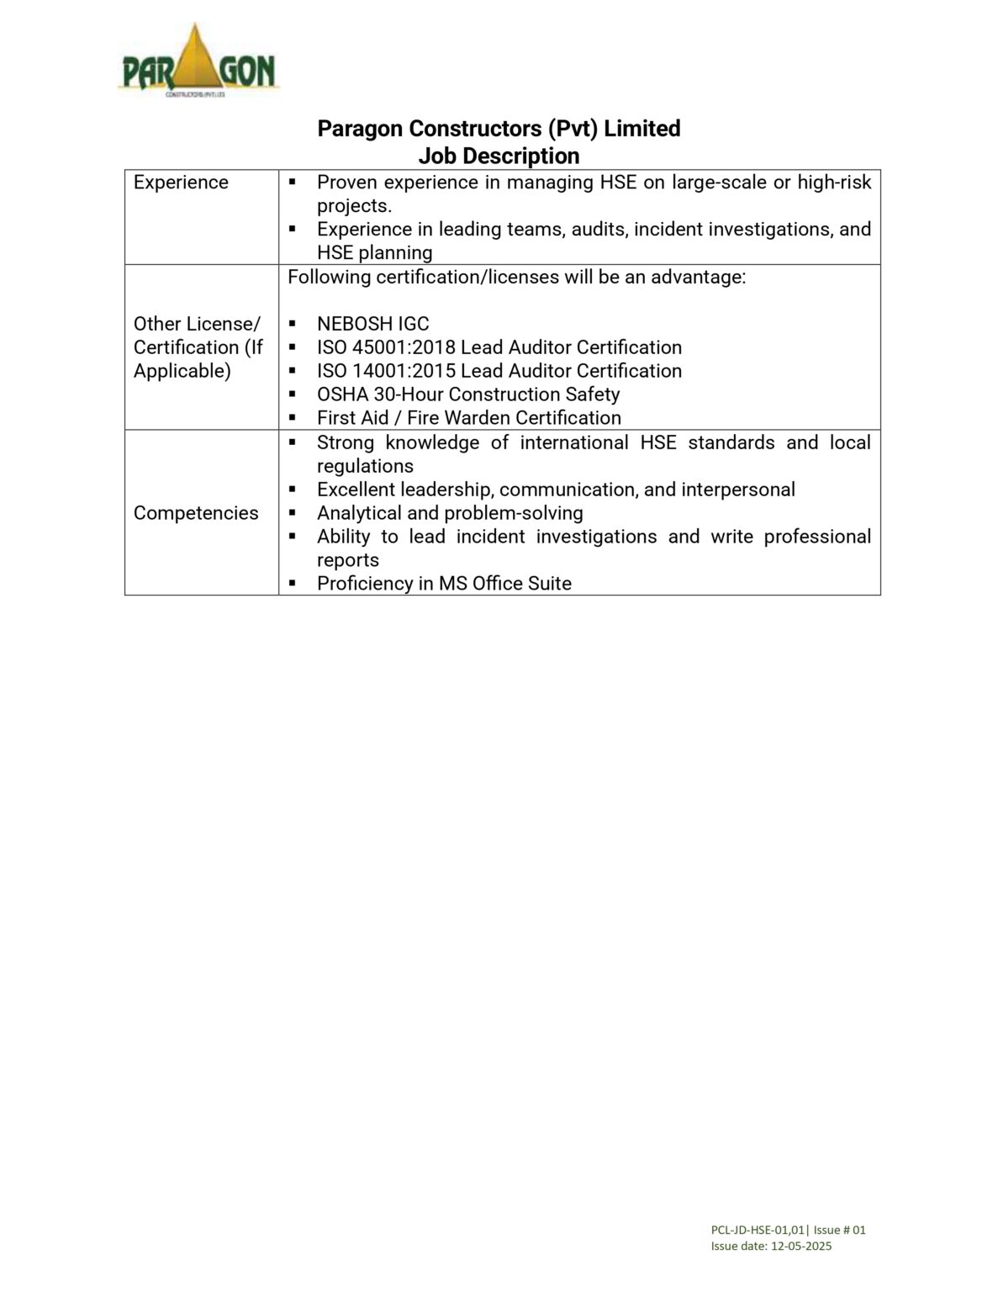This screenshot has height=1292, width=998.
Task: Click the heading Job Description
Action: point(499,156)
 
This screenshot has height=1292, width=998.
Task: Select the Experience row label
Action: point(181,183)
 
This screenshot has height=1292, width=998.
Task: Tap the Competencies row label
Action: point(196,513)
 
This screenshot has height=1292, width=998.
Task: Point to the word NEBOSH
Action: point(353,324)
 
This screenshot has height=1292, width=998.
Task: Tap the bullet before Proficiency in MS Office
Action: point(293,583)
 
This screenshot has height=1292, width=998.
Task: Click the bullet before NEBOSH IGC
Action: point(293,324)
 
